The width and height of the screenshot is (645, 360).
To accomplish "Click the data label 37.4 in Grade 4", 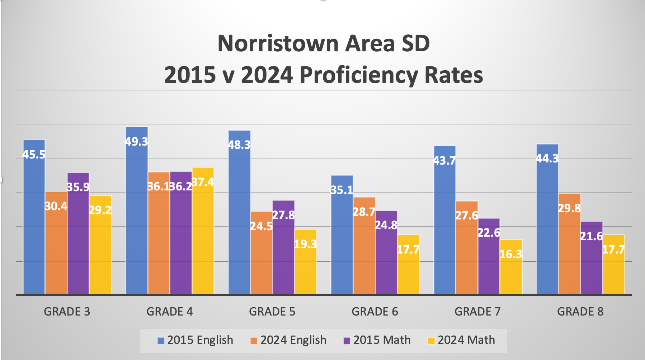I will (203, 182).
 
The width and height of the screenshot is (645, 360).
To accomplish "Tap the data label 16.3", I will (511, 254).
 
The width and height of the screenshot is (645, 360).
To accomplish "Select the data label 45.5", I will (34, 155).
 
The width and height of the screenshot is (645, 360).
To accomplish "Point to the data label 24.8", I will (386, 225).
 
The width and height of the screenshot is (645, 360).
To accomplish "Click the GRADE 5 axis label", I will (272, 312).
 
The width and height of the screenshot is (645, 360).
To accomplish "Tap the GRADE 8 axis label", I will (580, 312).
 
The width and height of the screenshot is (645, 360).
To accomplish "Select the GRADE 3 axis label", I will (67, 312).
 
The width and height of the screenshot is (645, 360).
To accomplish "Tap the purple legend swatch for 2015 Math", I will (347, 341).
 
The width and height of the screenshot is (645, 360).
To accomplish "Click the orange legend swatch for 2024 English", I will (254, 341).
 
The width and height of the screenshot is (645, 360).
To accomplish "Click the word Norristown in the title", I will (278, 44).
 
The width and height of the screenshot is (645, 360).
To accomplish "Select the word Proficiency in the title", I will (359, 75).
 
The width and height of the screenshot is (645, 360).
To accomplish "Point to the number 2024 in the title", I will (267, 75).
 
